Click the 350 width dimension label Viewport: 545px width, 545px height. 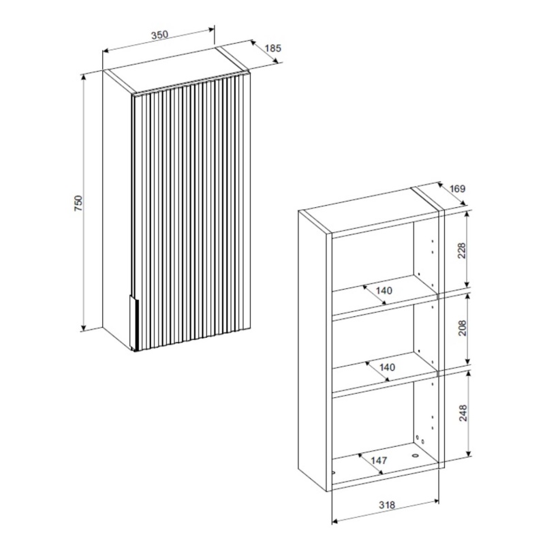click(159, 35)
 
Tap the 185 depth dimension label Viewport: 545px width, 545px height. click(273, 48)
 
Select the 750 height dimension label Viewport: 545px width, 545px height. click(78, 203)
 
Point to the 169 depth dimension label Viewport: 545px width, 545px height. click(457, 189)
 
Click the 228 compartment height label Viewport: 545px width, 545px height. click(462, 251)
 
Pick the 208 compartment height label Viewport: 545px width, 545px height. click(463, 328)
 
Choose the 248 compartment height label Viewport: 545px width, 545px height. click(463, 413)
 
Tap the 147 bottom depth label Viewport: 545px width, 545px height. click(379, 461)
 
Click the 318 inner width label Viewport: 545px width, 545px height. click(387, 504)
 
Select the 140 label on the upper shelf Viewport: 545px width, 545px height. click(384, 290)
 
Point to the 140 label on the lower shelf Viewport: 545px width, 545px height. click(387, 367)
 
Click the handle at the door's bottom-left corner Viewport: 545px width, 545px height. click(134, 322)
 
